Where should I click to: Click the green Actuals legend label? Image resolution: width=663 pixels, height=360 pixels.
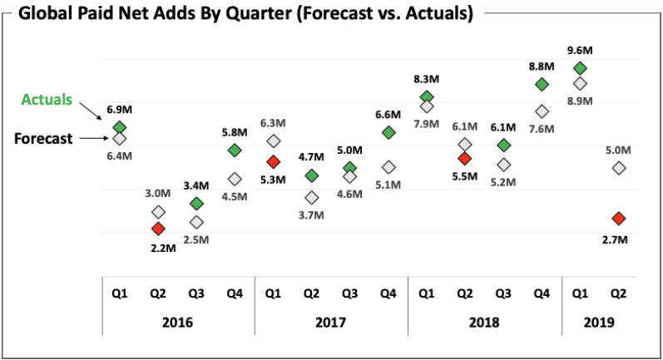(x=47, y=100)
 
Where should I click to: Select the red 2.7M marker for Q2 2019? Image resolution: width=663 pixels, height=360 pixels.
(x=618, y=218)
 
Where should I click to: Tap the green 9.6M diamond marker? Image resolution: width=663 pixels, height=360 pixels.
(x=580, y=68)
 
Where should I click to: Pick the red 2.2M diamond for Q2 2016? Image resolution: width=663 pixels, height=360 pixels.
(x=158, y=229)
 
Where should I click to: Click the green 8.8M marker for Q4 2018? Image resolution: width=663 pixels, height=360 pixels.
(x=542, y=84)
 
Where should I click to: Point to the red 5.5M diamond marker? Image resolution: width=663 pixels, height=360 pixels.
(x=465, y=158)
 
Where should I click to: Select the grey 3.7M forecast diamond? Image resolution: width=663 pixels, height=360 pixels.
(x=311, y=197)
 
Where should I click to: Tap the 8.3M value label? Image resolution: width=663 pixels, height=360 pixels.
(x=427, y=79)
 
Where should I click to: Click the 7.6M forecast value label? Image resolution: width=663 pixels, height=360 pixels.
(x=542, y=129)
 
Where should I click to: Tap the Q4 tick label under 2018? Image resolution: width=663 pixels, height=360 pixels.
(x=542, y=292)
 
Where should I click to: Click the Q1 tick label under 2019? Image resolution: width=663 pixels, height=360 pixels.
(x=580, y=292)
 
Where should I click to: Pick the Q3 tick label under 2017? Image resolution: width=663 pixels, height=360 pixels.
(x=349, y=292)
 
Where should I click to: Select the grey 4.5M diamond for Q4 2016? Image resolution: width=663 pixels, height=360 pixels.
(x=235, y=179)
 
